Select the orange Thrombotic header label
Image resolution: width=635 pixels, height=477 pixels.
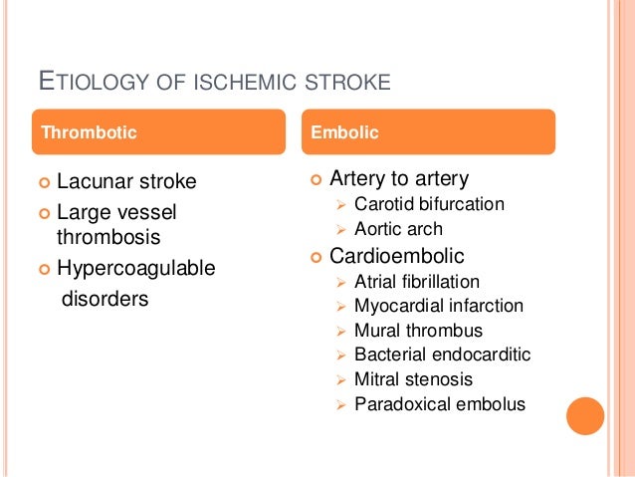[x=87, y=131]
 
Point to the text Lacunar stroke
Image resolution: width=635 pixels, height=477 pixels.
[x=126, y=181]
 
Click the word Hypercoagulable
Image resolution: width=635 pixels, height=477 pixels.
[x=136, y=268]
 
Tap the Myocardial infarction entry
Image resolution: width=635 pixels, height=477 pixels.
[x=439, y=306]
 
